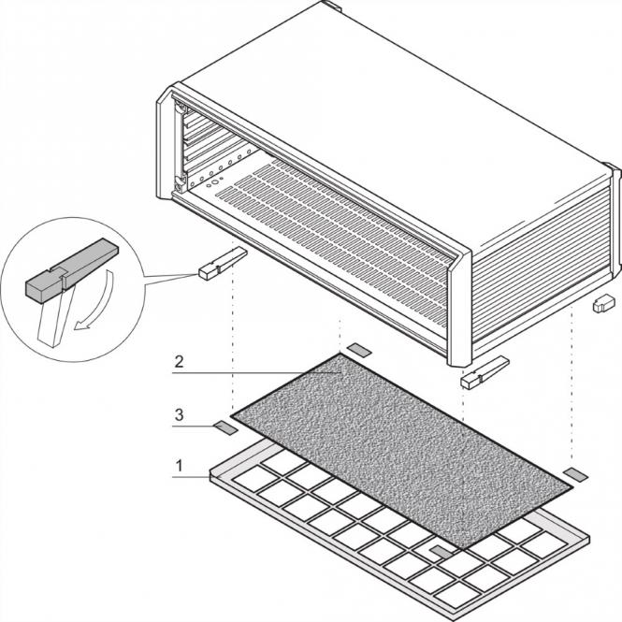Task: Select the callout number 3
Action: pos(179,412)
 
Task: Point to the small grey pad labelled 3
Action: pos(225,427)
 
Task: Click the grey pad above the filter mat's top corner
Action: pos(359,351)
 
